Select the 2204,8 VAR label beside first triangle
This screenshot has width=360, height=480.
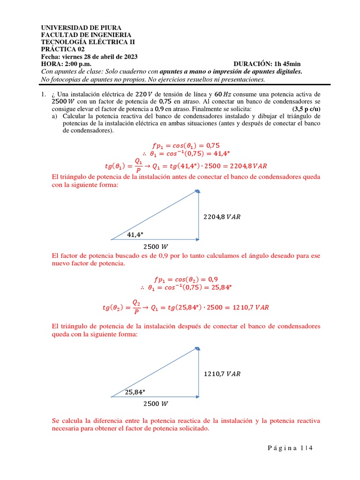pos(222,217)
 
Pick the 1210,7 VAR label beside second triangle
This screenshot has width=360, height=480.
pos(222,374)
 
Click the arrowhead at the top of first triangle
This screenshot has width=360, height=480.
pos(198,191)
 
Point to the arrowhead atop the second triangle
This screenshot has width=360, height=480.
pos(198,348)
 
